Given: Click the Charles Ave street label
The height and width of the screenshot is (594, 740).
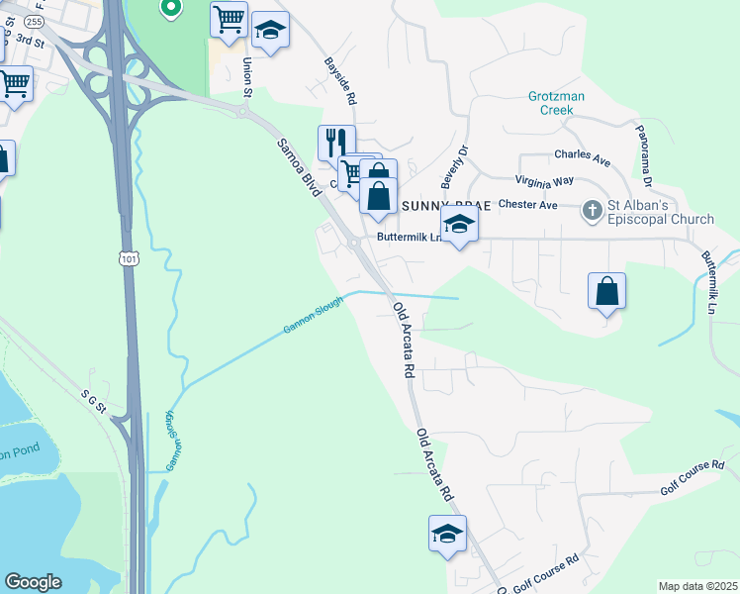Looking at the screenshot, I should tap(582, 155).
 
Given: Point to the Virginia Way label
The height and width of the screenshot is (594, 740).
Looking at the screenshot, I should tap(544, 181).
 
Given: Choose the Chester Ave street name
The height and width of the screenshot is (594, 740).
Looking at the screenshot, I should tap(528, 205).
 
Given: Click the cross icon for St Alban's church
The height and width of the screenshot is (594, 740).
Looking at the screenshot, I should tap(592, 210).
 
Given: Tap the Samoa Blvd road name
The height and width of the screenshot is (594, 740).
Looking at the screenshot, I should tap(296, 162).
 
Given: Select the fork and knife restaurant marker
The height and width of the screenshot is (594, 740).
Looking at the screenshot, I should tap(335, 143).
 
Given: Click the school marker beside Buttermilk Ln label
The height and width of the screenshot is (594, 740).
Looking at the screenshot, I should tap(459, 225).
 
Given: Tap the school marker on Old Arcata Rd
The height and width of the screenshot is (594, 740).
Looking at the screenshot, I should tap(447, 533).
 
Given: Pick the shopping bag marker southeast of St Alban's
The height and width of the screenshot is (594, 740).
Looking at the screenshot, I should tap(607, 291).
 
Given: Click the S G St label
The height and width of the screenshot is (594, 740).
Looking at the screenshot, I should tap(99, 398).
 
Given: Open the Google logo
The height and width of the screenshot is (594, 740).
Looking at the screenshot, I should tap(33, 582).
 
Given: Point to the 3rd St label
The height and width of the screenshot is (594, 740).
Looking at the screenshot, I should tap(33, 44).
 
